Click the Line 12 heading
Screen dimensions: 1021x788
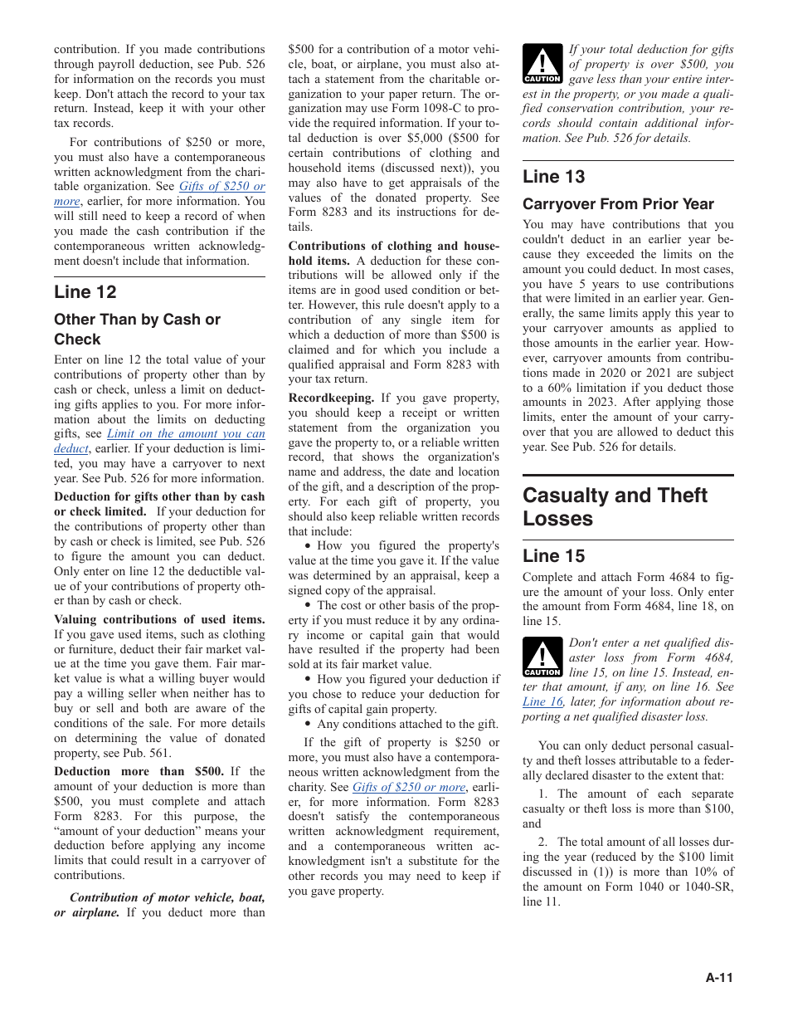pos(85,292)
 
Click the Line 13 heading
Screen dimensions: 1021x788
pos(553,177)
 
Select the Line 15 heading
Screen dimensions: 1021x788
pos(553,556)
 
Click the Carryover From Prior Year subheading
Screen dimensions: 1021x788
pos(618,204)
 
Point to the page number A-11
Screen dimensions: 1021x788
pos(719,978)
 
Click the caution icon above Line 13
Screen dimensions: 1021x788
pos(542,65)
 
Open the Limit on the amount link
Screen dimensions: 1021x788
pos(186,434)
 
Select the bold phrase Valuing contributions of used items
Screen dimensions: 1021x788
pos(159,619)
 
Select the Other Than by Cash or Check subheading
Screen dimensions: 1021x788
pos(137,329)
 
